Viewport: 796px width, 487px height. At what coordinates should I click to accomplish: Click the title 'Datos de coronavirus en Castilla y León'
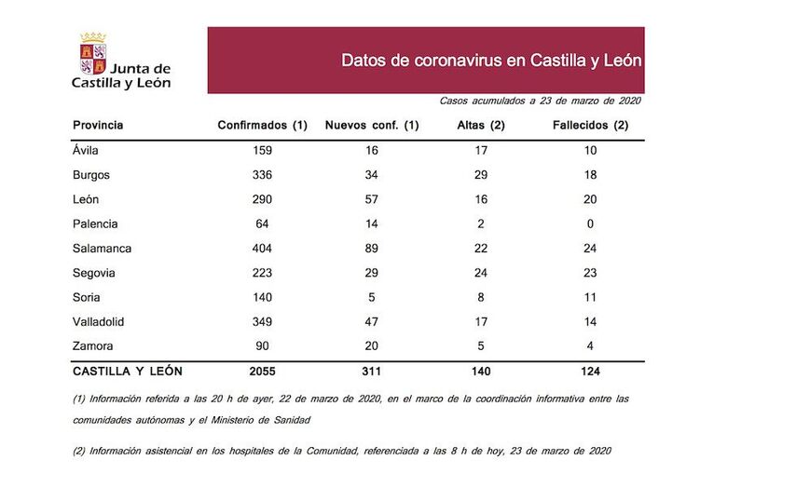[491, 61]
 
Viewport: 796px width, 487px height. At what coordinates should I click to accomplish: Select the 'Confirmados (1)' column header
[262, 125]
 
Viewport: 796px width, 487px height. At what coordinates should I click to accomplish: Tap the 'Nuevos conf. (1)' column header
[371, 125]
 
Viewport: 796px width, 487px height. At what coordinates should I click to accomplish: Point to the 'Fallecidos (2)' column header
[589, 125]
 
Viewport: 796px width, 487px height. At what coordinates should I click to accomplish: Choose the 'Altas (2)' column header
[481, 125]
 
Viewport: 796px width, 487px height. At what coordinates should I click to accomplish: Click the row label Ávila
[86, 150]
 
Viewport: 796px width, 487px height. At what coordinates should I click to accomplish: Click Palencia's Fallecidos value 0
[589, 223]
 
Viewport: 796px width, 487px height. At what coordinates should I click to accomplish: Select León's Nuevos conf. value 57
[371, 199]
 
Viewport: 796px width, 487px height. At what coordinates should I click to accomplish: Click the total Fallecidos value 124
[589, 371]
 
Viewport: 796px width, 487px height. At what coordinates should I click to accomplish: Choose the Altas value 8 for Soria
[481, 296]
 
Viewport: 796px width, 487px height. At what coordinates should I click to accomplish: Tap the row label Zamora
[93, 345]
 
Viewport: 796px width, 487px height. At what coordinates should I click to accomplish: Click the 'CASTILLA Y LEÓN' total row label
[128, 371]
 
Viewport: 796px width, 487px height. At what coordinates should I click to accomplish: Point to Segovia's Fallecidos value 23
[589, 272]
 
